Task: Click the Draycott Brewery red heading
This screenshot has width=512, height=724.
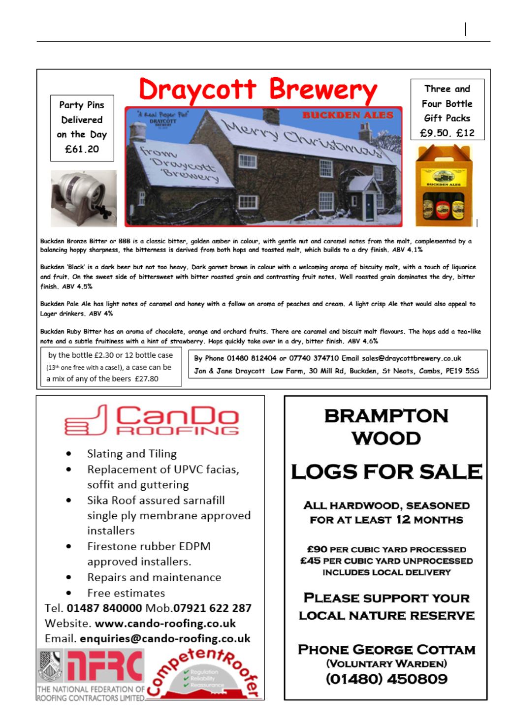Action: tap(257, 91)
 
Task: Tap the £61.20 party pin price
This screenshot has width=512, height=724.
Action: tap(82, 149)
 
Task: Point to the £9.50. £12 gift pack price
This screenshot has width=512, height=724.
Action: tap(447, 132)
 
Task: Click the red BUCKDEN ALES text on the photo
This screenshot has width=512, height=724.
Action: tap(348, 115)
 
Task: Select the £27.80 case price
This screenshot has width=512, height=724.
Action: tap(147, 378)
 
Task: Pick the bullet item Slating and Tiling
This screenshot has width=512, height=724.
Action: tap(131, 454)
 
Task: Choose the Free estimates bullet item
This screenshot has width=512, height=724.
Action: tap(126, 593)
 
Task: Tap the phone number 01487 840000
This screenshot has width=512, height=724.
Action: tap(104, 608)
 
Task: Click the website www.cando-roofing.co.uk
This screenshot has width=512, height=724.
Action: tap(165, 624)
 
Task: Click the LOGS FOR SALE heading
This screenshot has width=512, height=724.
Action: tap(386, 472)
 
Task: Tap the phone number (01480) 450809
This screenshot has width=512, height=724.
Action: tap(386, 679)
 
